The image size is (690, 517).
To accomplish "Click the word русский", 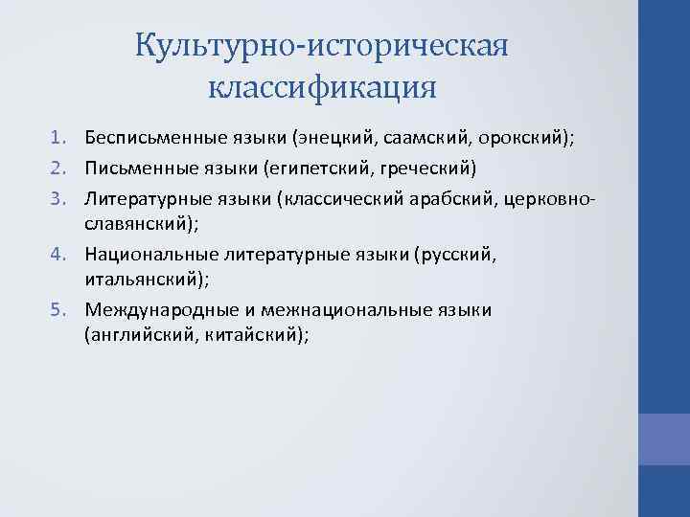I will [460, 254].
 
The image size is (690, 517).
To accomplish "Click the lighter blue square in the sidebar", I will [664, 438].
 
